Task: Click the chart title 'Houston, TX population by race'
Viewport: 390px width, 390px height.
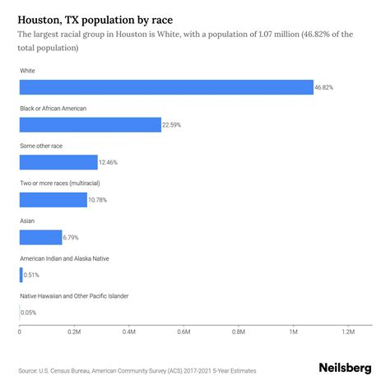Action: tap(97, 17)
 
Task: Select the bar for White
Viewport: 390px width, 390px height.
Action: tap(166, 87)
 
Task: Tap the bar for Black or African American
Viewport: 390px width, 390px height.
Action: tap(90, 125)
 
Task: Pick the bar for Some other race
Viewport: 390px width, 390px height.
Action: tap(58, 162)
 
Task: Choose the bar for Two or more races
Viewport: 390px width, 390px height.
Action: tap(53, 199)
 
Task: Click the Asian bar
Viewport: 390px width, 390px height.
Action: tap(40, 237)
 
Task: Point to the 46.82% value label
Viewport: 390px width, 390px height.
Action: tap(325, 87)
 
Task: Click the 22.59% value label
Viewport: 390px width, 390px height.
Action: tap(173, 125)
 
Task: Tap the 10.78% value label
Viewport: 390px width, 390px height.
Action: tap(99, 200)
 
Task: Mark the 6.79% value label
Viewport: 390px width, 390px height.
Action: tap(73, 237)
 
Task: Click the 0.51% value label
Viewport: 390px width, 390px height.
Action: tap(33, 275)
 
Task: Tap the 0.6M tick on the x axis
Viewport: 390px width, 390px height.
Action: tap(183, 332)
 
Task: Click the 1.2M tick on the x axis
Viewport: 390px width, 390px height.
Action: tap(347, 332)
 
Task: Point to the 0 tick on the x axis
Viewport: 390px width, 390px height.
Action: tap(20, 332)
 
